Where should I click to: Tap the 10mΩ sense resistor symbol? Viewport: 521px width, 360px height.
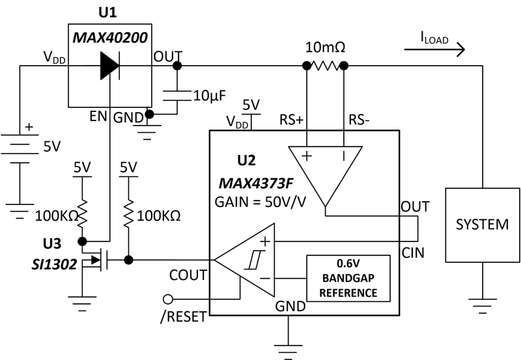[x=325, y=66]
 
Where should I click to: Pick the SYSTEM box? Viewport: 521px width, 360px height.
[x=482, y=225]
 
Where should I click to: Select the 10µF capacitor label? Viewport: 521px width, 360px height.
[x=209, y=96]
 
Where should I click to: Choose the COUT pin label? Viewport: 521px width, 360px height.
[x=189, y=275]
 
